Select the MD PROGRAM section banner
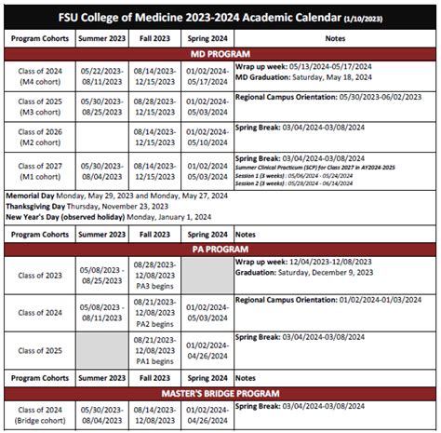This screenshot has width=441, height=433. (x=220, y=54)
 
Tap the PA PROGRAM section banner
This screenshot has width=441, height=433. (x=220, y=249)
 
